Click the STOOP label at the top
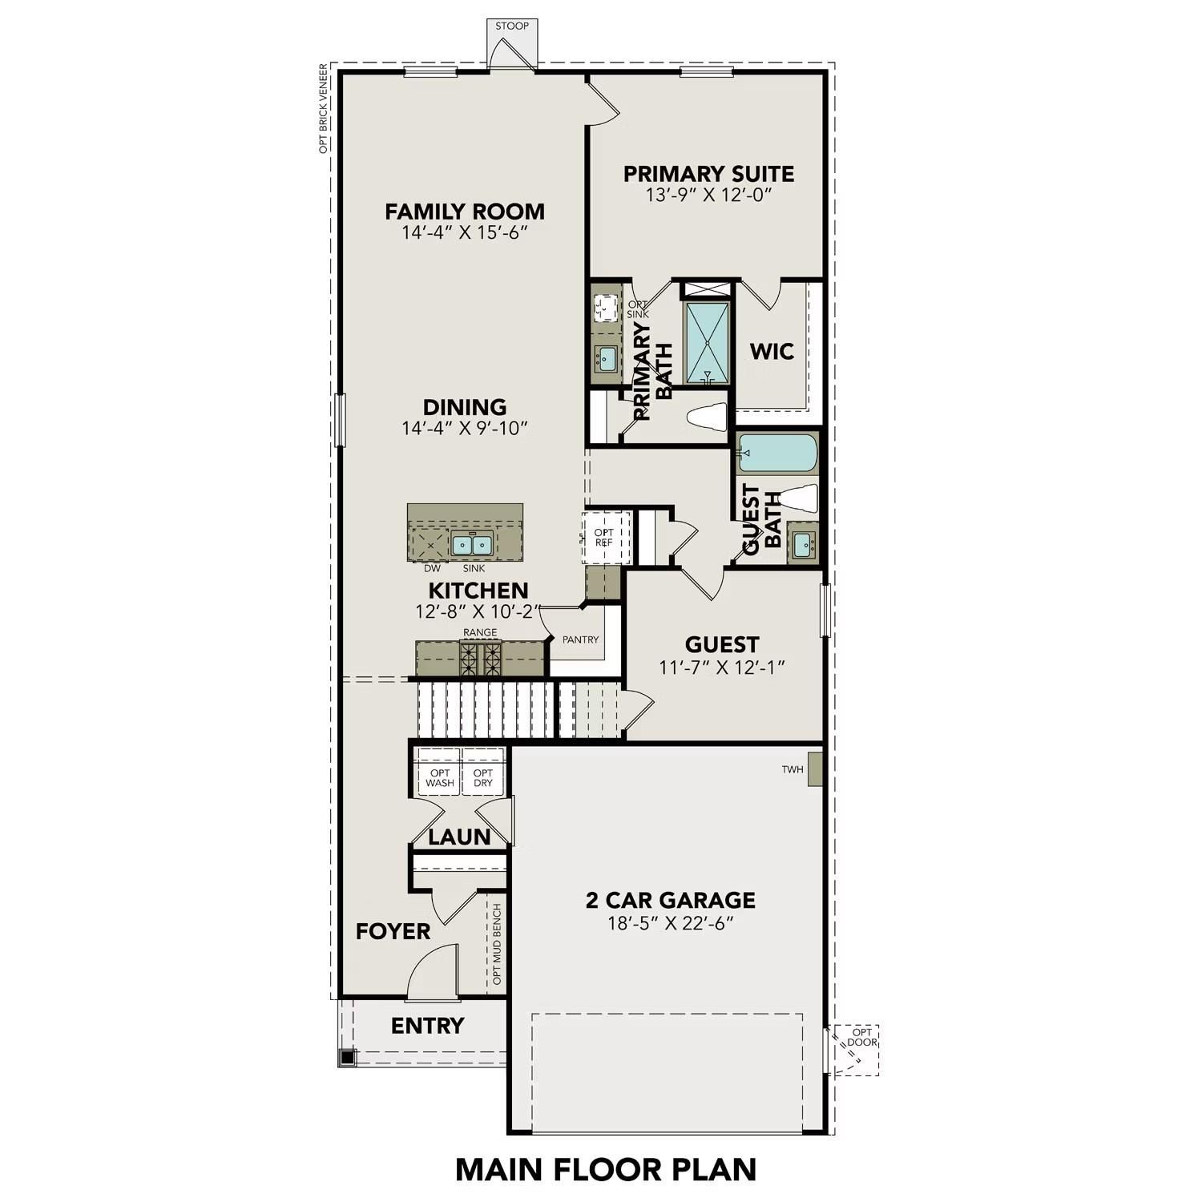[x=511, y=26]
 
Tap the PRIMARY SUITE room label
[x=708, y=174]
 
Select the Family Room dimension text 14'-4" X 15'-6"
[x=465, y=232]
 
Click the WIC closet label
[x=772, y=351]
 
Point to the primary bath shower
[x=707, y=343]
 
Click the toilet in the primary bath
[x=707, y=417]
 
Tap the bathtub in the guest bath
[x=777, y=453]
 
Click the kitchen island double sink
[x=470, y=545]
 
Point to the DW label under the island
[x=432, y=568]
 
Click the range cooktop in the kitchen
[x=480, y=659]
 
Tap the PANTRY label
[x=580, y=639]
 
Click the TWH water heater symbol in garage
[x=815, y=769]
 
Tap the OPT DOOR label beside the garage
[x=861, y=1038]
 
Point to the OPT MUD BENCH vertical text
[x=497, y=944]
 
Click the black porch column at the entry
[x=347, y=1058]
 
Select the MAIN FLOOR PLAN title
[x=606, y=1169]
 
